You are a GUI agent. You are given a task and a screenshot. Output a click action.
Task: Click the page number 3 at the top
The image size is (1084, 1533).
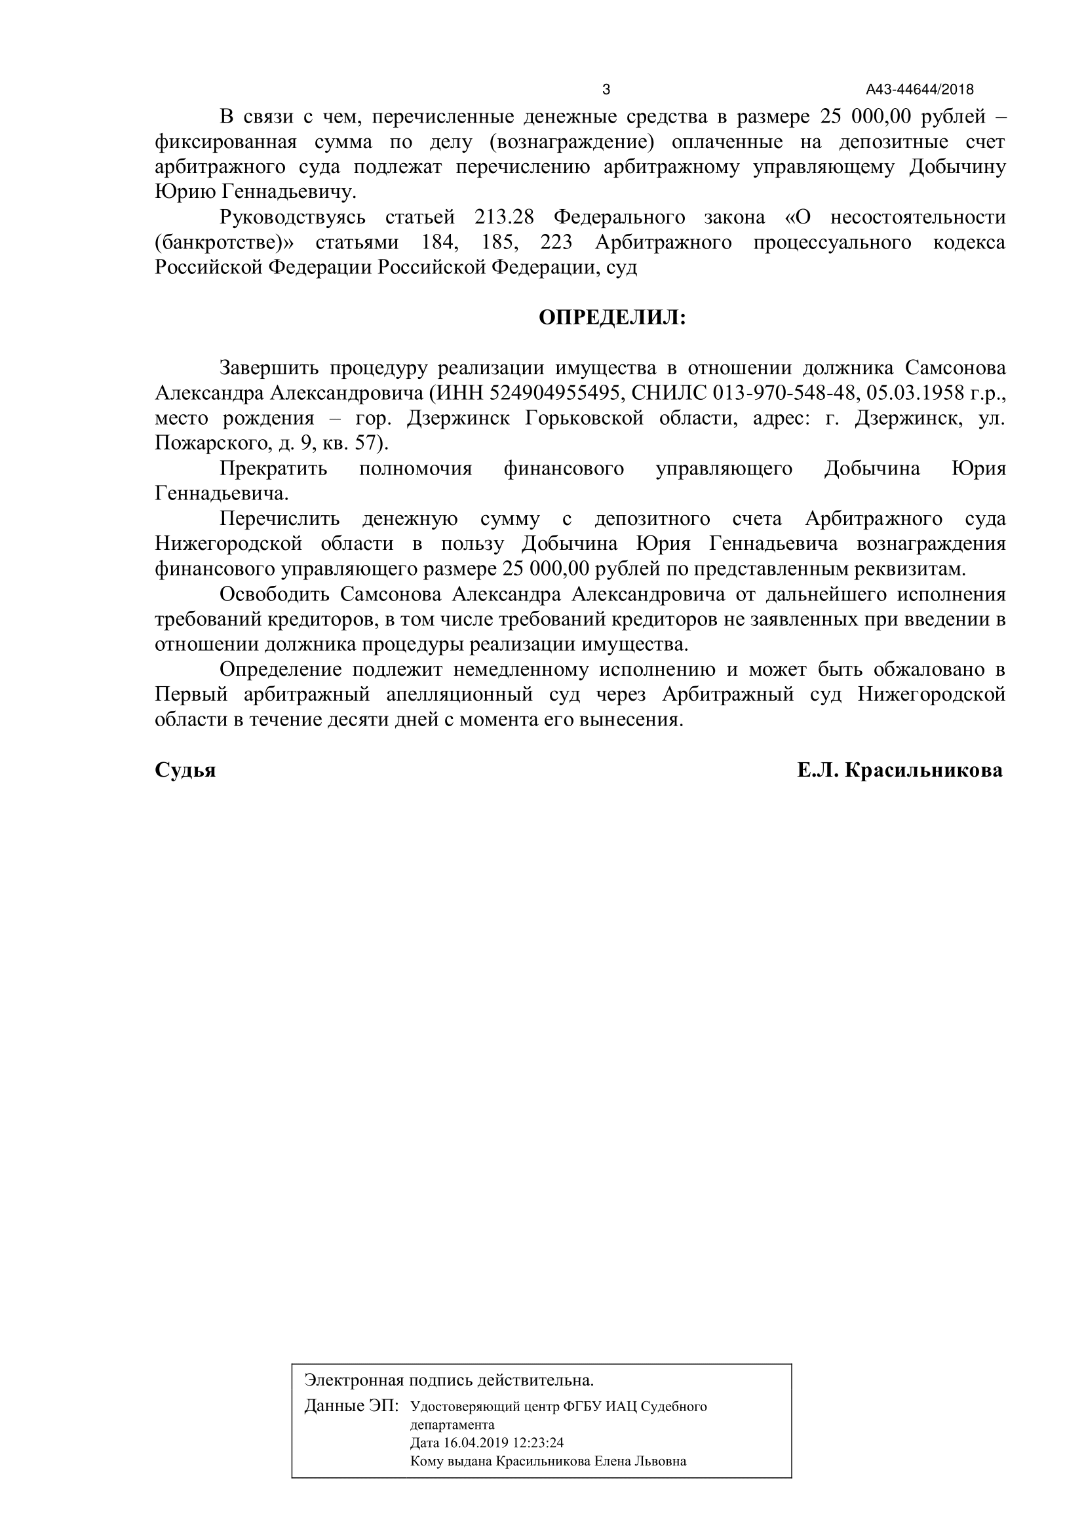(606, 90)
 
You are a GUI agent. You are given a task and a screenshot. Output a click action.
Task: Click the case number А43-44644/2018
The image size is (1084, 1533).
(919, 90)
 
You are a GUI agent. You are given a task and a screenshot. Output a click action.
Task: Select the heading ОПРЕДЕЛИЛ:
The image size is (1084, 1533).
(612, 318)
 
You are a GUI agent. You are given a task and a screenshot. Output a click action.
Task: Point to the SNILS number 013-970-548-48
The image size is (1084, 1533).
(784, 393)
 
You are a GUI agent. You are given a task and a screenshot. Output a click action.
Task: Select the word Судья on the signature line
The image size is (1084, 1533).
(185, 771)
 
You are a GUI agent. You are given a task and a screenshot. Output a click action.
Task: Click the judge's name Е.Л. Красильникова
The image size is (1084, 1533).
(899, 771)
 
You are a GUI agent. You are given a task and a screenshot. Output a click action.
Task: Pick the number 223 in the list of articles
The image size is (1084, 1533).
(556, 242)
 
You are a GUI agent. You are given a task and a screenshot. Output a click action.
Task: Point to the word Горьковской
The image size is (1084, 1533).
(584, 419)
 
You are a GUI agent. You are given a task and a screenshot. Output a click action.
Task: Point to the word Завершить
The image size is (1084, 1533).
(269, 368)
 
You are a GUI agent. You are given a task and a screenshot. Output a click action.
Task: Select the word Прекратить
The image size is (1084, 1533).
(274, 469)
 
